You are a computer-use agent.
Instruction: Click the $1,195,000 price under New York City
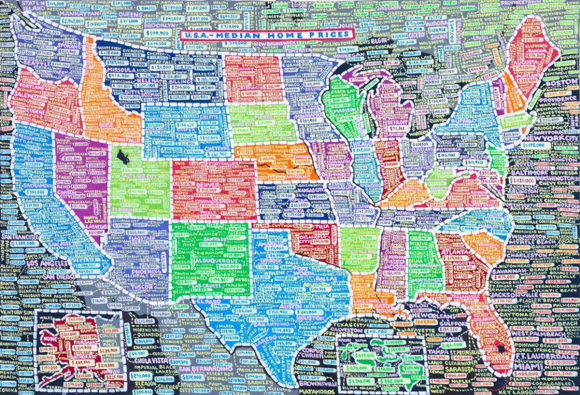click(x=532, y=145)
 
